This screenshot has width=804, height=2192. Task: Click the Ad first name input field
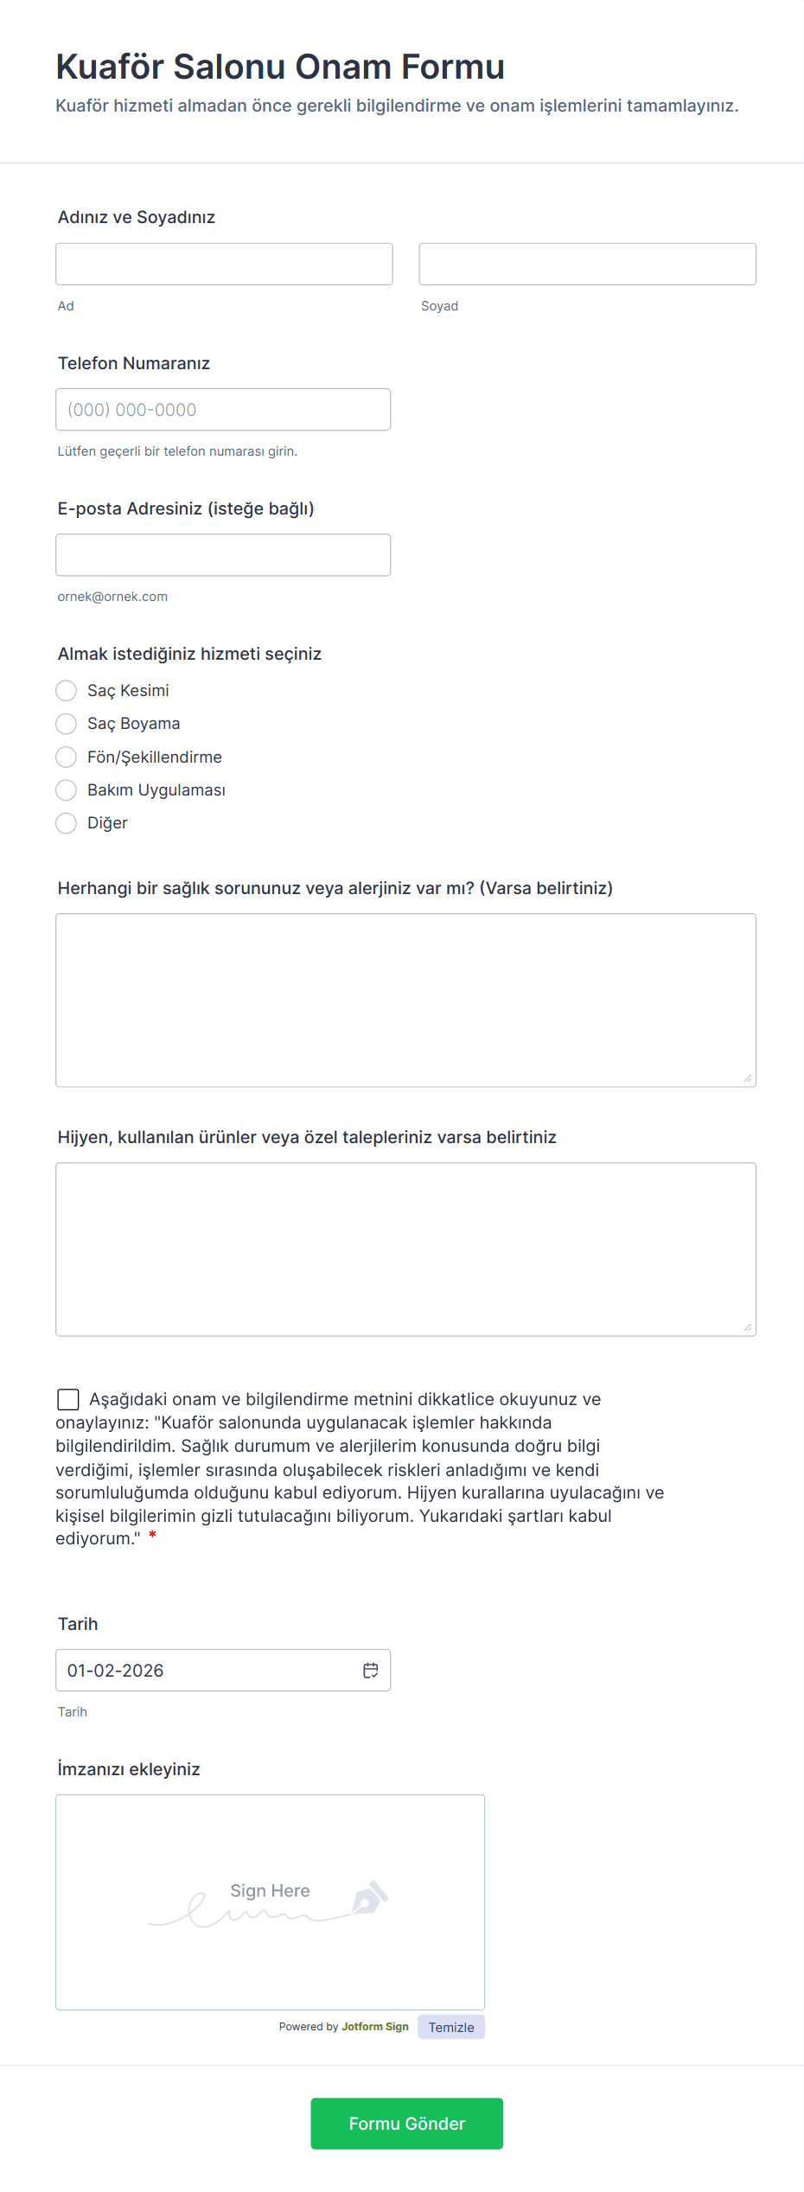point(224,264)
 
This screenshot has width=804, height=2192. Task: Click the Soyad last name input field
point(587,264)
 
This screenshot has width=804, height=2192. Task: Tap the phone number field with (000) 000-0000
point(223,410)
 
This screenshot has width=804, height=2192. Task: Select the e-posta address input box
point(223,555)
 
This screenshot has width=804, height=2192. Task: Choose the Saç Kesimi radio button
point(67,691)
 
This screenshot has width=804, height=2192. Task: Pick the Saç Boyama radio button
point(67,724)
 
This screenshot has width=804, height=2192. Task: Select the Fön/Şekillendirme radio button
point(67,757)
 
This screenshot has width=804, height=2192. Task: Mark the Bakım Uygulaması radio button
point(67,790)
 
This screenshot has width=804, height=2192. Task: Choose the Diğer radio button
point(67,823)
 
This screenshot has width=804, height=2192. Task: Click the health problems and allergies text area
point(405,1000)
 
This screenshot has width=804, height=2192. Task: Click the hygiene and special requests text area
point(405,1249)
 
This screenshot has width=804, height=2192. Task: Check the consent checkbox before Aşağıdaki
point(67,1399)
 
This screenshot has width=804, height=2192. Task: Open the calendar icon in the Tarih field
point(371,1671)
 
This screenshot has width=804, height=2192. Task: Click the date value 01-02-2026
point(116,1671)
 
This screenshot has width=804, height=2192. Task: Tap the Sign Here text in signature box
point(270,1891)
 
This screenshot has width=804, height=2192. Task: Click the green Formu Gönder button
point(406,2124)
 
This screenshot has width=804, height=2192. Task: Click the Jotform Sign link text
point(375,2027)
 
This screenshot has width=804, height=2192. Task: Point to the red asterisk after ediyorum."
point(153,1535)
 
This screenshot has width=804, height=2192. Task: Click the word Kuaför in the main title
point(110,67)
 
